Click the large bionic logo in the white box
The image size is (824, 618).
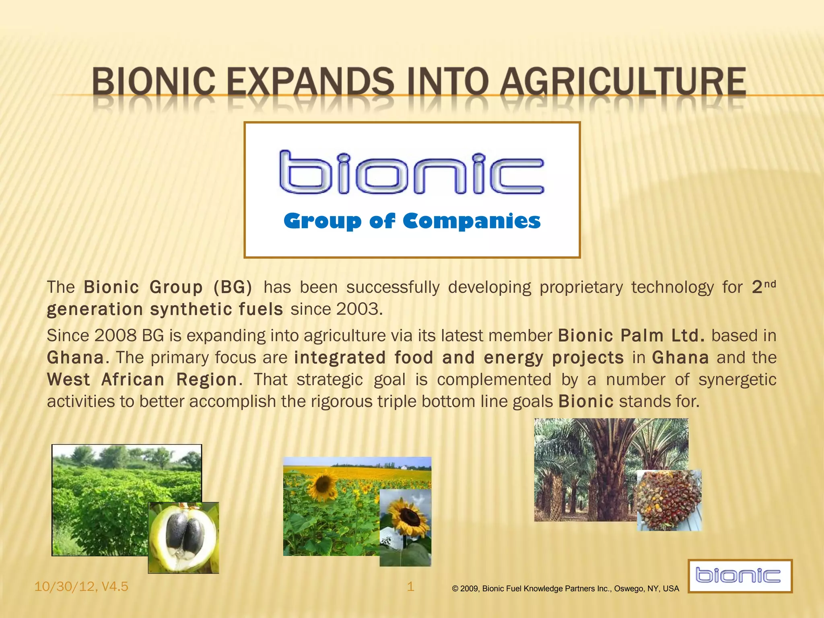pos(411,173)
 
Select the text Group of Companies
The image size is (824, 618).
pos(412,221)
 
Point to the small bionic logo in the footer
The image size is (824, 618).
pos(740,575)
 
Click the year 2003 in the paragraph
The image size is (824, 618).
pos(358,309)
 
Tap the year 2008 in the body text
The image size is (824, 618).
pos(115,336)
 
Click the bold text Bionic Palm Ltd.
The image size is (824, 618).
pos(631,336)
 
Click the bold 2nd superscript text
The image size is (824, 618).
pos(763,286)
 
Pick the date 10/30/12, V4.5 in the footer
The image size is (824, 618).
pos(81,587)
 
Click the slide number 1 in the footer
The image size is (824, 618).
pos(410,587)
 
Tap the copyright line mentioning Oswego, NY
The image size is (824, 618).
pos(565,589)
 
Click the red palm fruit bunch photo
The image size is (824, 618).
pos(669,500)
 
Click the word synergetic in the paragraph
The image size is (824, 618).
pos(737,380)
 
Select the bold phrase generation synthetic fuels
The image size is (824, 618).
pos(165,309)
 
